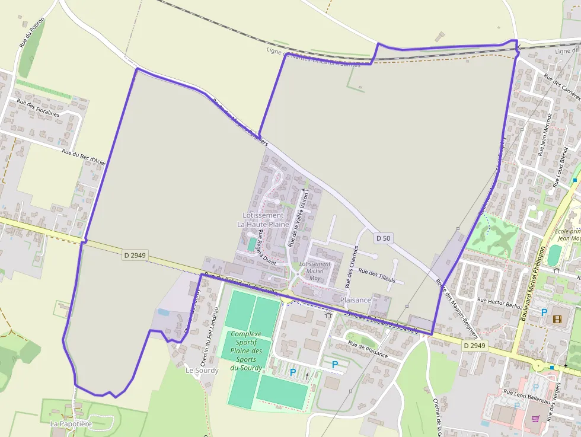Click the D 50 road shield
pyautogui.click(x=383, y=238)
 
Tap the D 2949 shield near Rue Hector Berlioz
pyautogui.click(x=474, y=345)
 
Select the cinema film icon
pyautogui.click(x=556, y=319)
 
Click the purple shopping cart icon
pyautogui.click(x=535, y=418)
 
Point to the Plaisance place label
pyautogui.click(x=356, y=300)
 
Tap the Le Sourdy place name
pyautogui.click(x=202, y=370)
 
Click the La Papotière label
pyautogui.click(x=71, y=424)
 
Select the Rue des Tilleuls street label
pyautogui.click(x=377, y=275)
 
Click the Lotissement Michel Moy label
pyautogui.click(x=315, y=270)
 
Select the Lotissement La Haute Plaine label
pyautogui.click(x=263, y=219)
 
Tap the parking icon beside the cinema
pyautogui.click(x=543, y=312)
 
